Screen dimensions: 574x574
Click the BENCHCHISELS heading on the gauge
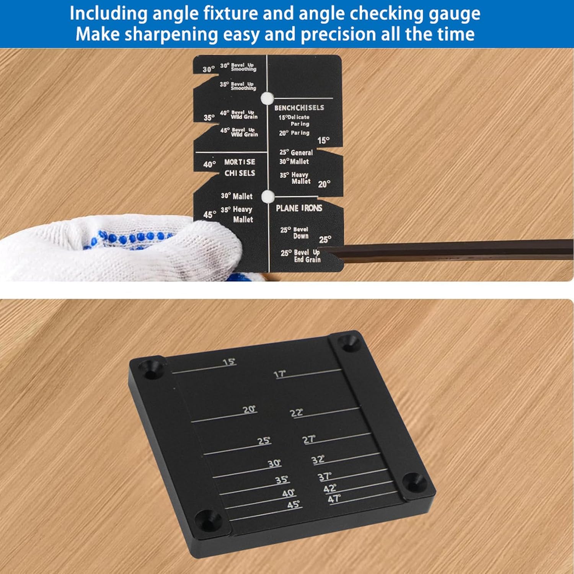coord(299,108)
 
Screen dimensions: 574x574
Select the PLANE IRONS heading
coord(299,208)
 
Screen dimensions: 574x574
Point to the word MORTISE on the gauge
coord(240,162)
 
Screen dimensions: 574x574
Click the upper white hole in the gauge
coord(267,98)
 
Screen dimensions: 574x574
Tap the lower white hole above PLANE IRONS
coord(268,196)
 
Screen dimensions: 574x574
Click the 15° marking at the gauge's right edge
coord(323,140)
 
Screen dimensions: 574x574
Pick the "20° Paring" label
coord(294,133)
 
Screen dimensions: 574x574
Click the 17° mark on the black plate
coord(280,374)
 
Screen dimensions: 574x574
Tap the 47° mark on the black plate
coord(334,499)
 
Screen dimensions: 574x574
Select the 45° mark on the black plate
coord(294,505)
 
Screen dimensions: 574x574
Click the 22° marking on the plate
coord(297,413)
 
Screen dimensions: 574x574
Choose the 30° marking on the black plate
coord(274,463)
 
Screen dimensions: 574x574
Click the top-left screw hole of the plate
coord(152,368)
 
